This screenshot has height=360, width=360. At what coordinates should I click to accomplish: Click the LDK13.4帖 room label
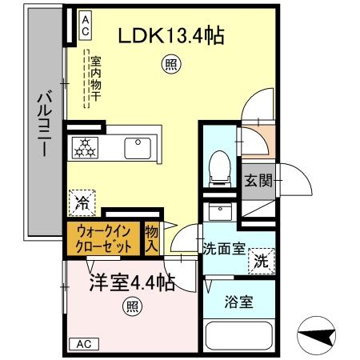170,35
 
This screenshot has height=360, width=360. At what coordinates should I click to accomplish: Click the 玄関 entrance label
257,181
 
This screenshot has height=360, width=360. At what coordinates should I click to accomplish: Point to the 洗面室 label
224,249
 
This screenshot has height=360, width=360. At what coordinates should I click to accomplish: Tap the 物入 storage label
151,238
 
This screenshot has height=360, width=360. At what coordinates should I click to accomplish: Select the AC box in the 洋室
84,344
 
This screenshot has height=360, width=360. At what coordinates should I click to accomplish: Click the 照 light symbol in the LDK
170,63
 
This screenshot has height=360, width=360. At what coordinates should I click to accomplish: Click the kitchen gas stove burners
86,147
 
